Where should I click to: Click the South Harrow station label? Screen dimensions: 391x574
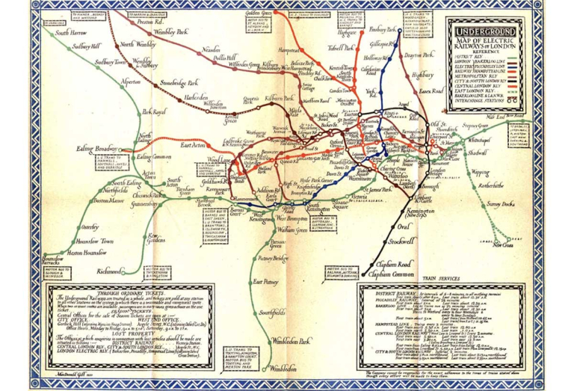[72, 33]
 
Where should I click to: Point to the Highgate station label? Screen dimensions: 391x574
[348, 33]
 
